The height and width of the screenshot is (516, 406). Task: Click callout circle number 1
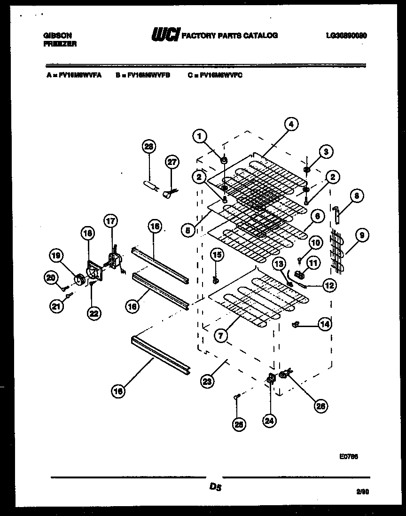click(x=200, y=137)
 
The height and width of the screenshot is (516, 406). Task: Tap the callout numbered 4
click(x=291, y=125)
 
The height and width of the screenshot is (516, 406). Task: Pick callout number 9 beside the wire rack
click(x=361, y=236)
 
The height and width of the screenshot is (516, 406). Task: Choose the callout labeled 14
click(x=325, y=324)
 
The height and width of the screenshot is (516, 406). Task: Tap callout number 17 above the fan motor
click(x=111, y=220)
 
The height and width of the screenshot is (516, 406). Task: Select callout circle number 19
click(x=56, y=256)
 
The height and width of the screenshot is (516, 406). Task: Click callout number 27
click(x=172, y=162)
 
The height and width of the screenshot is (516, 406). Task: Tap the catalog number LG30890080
click(x=345, y=35)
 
